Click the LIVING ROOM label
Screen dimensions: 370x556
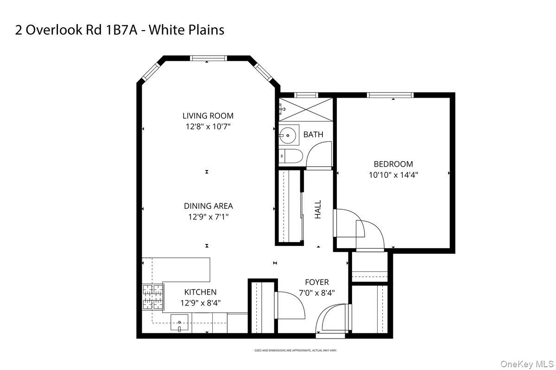click(x=208, y=116)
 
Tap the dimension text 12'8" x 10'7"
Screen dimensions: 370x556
click(x=208, y=126)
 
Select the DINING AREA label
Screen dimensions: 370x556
click(x=208, y=206)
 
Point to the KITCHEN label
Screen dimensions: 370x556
click(x=200, y=292)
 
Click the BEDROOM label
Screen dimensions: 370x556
click(x=393, y=164)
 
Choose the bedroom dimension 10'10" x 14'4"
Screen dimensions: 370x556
click(x=393, y=175)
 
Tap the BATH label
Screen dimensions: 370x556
click(x=313, y=135)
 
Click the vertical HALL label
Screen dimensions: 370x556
click(x=318, y=209)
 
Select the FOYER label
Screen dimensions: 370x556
click(x=316, y=282)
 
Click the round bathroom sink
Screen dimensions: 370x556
click(x=288, y=136)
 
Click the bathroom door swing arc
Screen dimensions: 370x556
click(x=319, y=153)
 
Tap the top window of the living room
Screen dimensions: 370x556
click(x=208, y=58)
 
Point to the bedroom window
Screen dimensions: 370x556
click(x=390, y=95)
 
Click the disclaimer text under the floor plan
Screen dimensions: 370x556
click(x=295, y=351)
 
